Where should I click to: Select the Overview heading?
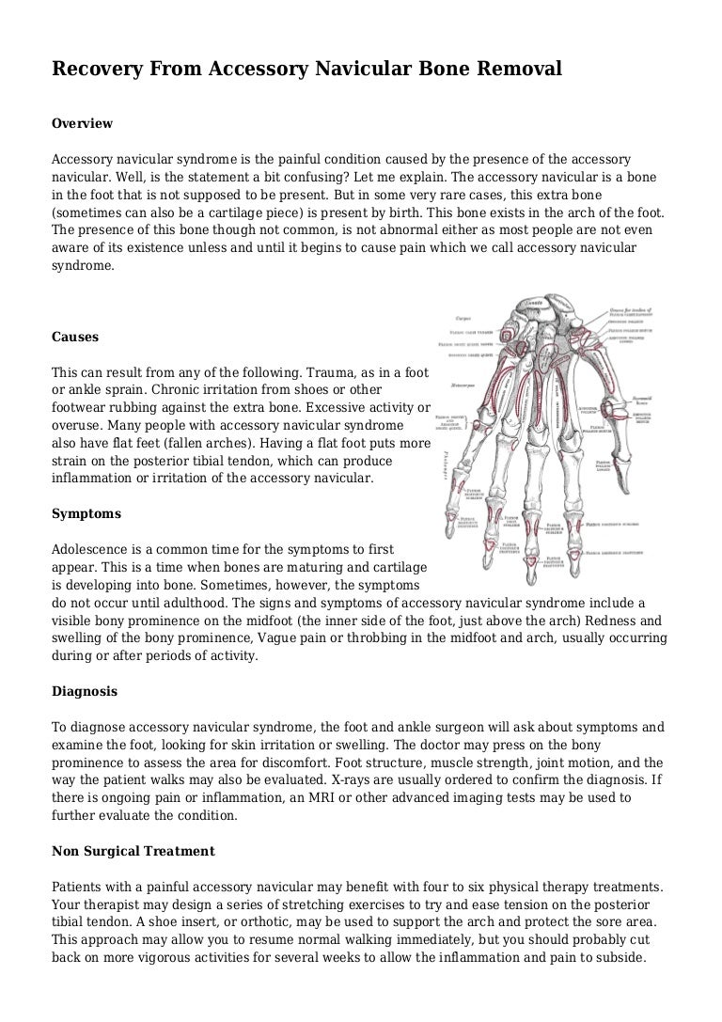tap(82, 123)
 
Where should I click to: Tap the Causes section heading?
tap(75, 337)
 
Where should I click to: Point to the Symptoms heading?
tap(86, 514)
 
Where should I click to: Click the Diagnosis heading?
tap(85, 691)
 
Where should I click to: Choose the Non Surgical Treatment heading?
tap(133, 851)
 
